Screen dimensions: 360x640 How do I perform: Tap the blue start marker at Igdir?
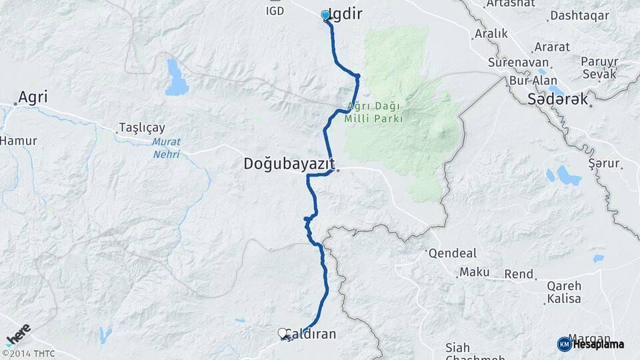point(325,15)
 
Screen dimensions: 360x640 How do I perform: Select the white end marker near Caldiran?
point(283,333)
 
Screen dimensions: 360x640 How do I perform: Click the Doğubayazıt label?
point(288,164)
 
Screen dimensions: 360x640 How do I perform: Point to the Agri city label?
point(33,97)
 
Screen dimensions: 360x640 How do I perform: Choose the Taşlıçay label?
point(141,127)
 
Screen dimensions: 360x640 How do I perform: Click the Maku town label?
point(475,272)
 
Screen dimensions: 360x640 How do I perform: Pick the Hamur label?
point(18,141)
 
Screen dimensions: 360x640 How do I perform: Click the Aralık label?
point(491,33)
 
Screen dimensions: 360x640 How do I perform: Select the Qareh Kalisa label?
point(564,292)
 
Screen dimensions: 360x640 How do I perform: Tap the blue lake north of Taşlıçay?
point(177,78)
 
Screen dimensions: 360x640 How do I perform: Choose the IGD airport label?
point(275,11)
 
